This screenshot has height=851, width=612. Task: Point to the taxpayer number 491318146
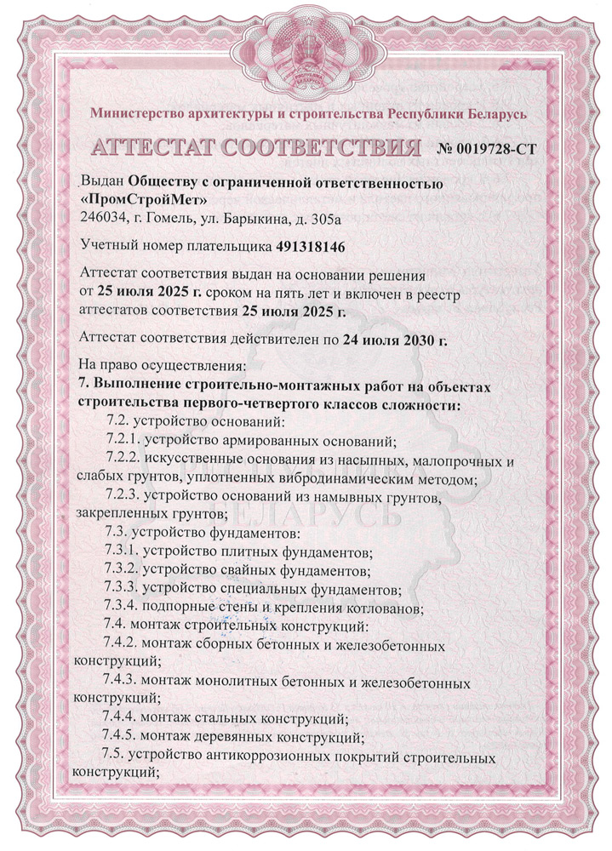(313, 248)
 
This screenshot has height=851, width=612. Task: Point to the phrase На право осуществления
(161, 367)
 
